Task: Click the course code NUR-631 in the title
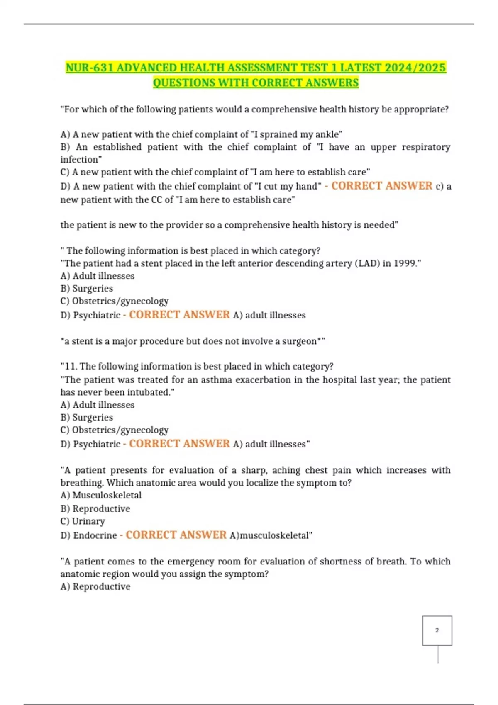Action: click(89, 68)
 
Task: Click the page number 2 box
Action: click(437, 630)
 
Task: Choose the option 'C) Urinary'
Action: click(83, 521)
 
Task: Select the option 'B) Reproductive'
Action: click(95, 509)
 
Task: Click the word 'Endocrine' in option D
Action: click(95, 535)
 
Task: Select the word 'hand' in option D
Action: click(307, 187)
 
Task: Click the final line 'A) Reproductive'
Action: click(95, 587)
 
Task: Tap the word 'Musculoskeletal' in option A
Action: click(107, 495)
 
